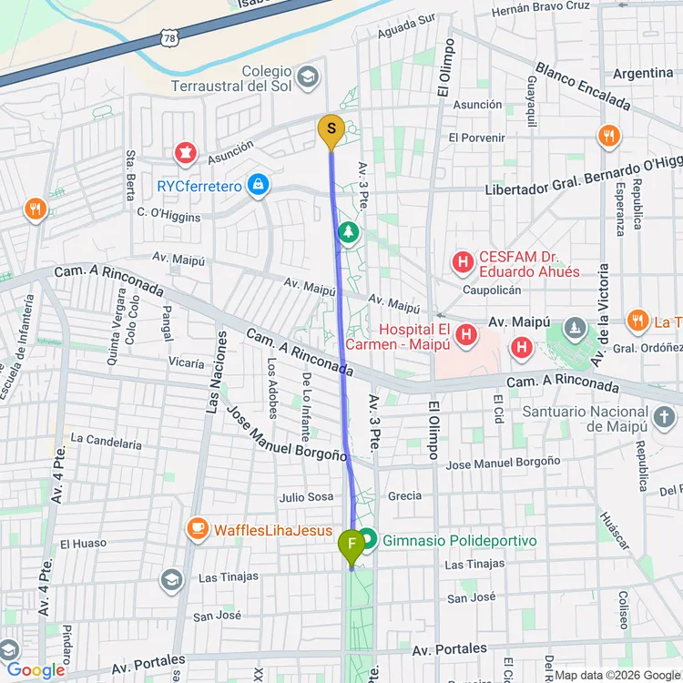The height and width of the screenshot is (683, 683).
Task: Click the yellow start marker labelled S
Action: click(x=330, y=130)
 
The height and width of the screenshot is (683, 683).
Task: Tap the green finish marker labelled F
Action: click(x=351, y=546)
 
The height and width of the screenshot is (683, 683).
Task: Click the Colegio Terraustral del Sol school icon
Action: click(x=308, y=75)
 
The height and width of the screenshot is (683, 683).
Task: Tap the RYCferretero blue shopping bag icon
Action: click(x=260, y=185)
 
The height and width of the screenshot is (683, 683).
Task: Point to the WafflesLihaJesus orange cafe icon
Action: click(x=197, y=527)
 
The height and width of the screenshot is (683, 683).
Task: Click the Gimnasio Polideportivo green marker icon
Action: click(x=367, y=539)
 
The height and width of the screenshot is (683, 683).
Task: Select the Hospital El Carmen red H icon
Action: click(x=467, y=336)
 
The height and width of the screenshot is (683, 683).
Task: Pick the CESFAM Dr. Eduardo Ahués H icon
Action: click(x=463, y=263)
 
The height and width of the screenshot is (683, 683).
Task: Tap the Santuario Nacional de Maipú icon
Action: click(x=664, y=416)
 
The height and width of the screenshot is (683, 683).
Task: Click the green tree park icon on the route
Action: click(x=348, y=234)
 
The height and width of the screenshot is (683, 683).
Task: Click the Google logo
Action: click(x=36, y=670)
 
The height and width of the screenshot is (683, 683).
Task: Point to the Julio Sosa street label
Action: click(x=306, y=497)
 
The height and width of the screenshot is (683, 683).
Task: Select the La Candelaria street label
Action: click(x=107, y=443)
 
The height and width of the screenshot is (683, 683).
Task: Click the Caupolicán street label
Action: click(x=491, y=290)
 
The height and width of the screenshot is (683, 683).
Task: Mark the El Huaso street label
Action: click(x=84, y=544)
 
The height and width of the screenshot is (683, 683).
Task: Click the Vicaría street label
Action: click(x=187, y=362)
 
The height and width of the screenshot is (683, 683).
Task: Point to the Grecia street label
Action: click(x=404, y=496)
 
